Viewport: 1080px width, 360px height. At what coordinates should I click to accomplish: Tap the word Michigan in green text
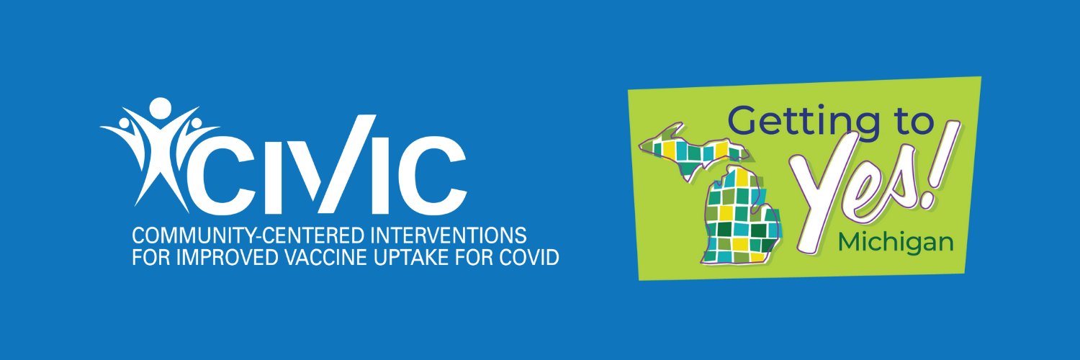pyautogui.click(x=896, y=243)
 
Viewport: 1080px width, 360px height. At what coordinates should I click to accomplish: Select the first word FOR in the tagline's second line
pyautogui.click(x=147, y=257)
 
